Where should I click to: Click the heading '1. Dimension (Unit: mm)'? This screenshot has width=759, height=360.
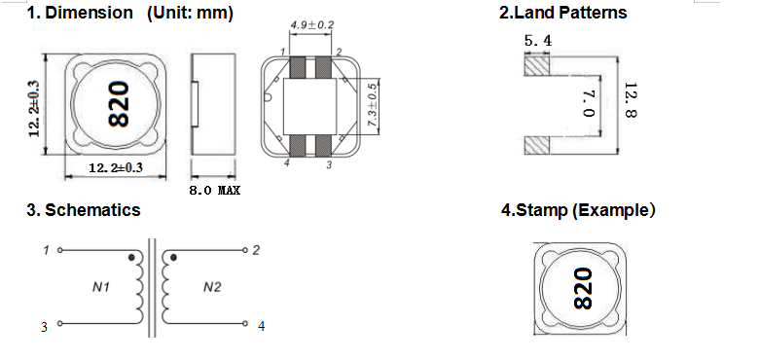click(129, 13)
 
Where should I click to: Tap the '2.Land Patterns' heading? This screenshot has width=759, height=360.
click(563, 13)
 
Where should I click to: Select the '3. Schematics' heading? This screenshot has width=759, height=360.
click(84, 210)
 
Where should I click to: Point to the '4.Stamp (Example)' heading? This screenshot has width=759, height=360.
click(578, 210)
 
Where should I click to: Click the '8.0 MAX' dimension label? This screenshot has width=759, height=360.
click(214, 190)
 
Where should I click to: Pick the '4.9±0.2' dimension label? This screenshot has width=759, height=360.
click(312, 24)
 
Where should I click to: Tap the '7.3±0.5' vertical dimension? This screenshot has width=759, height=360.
click(372, 105)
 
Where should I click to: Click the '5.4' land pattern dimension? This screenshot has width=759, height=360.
click(538, 41)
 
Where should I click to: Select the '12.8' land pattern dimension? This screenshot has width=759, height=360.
click(631, 100)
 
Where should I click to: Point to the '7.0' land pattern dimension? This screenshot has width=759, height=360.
click(589, 104)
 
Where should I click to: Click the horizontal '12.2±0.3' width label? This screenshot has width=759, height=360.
click(116, 168)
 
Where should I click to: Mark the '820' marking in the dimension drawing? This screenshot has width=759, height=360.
click(119, 104)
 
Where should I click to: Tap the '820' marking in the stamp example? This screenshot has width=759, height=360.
click(583, 289)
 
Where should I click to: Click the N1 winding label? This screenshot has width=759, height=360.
click(101, 287)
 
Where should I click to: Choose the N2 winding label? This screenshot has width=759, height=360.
click(212, 287)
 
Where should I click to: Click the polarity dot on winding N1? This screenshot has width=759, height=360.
click(131, 258)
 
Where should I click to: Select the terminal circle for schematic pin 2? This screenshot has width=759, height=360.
click(245, 250)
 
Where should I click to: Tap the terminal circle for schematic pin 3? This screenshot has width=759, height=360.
click(60, 323)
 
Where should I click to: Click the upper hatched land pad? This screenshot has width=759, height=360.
click(537, 66)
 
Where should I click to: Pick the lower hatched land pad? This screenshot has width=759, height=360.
click(537, 145)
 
